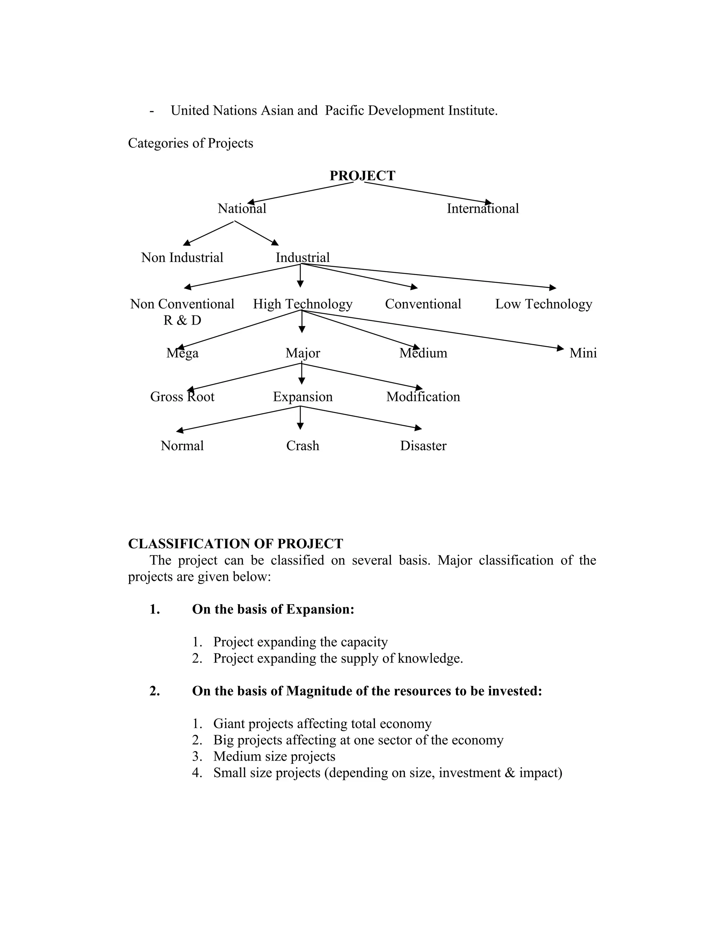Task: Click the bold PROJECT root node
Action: pos(362,176)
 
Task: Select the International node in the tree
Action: pos(483,209)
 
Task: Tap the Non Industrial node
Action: pos(182,258)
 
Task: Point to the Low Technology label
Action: pos(543,304)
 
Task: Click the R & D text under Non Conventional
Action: pos(182,320)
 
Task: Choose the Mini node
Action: pos(583,353)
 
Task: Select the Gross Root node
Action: pos(182,397)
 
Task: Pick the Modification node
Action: pos(423,397)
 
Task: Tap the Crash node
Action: pos(302,446)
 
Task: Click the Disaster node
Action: pos(423,446)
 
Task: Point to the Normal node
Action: pos(182,446)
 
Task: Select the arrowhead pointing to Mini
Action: pos(560,348)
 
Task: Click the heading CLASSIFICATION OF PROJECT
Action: pos(235,544)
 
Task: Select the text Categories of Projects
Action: pos(190,143)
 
